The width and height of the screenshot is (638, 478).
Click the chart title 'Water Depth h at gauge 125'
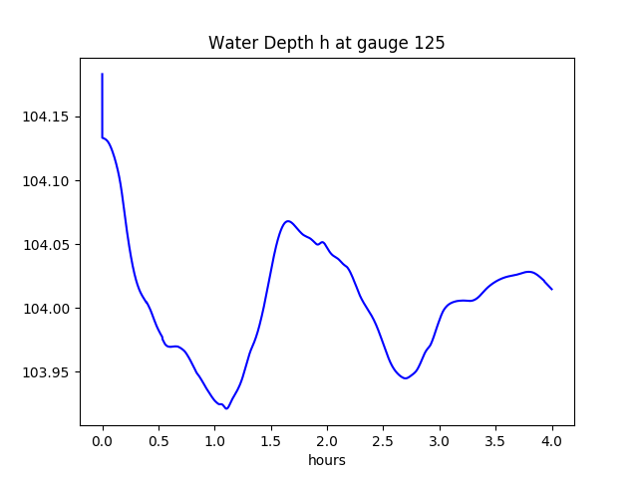(327, 44)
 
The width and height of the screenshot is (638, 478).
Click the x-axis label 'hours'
(327, 461)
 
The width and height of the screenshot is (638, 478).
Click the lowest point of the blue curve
(226, 408)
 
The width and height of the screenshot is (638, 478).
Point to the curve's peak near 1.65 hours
(287, 221)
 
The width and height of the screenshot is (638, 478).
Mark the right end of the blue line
(552, 290)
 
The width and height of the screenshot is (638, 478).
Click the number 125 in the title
(432, 44)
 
